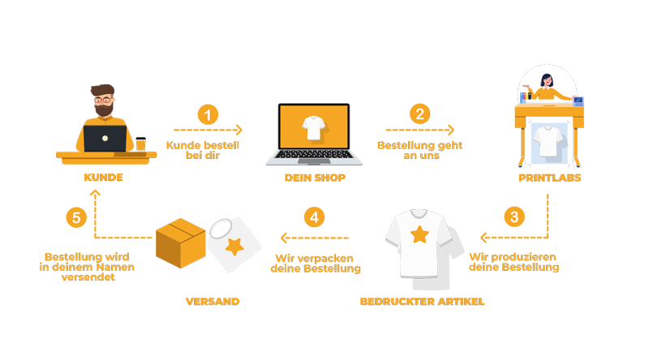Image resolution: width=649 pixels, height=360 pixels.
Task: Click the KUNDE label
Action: tap(103, 177)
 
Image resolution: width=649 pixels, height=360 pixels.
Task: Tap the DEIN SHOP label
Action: tap(315, 178)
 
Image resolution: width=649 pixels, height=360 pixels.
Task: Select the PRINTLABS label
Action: tap(550, 178)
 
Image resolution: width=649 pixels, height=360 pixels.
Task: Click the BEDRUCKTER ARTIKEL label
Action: tap(422, 302)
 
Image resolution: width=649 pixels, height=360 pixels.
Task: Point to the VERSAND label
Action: tap(213, 302)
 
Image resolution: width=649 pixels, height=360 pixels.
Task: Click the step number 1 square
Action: tap(208, 115)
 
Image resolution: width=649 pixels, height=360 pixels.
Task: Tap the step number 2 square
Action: tap(419, 114)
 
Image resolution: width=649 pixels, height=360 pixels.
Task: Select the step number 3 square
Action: tap(514, 216)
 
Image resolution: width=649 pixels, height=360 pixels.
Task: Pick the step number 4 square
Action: tap(314, 216)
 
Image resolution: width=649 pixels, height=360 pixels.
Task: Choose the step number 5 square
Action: tap(76, 217)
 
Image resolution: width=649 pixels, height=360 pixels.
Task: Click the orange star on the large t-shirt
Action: tap(419, 235)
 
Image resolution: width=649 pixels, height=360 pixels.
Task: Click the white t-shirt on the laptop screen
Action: tap(314, 127)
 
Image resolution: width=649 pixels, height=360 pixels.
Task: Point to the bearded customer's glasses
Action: tap(104, 104)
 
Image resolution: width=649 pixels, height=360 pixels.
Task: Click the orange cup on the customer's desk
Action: tap(140, 144)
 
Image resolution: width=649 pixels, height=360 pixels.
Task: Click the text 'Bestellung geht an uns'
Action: tap(419, 150)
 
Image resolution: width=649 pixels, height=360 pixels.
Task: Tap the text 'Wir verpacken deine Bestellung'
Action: tap(315, 264)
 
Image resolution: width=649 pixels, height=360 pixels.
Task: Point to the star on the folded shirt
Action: tap(234, 246)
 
